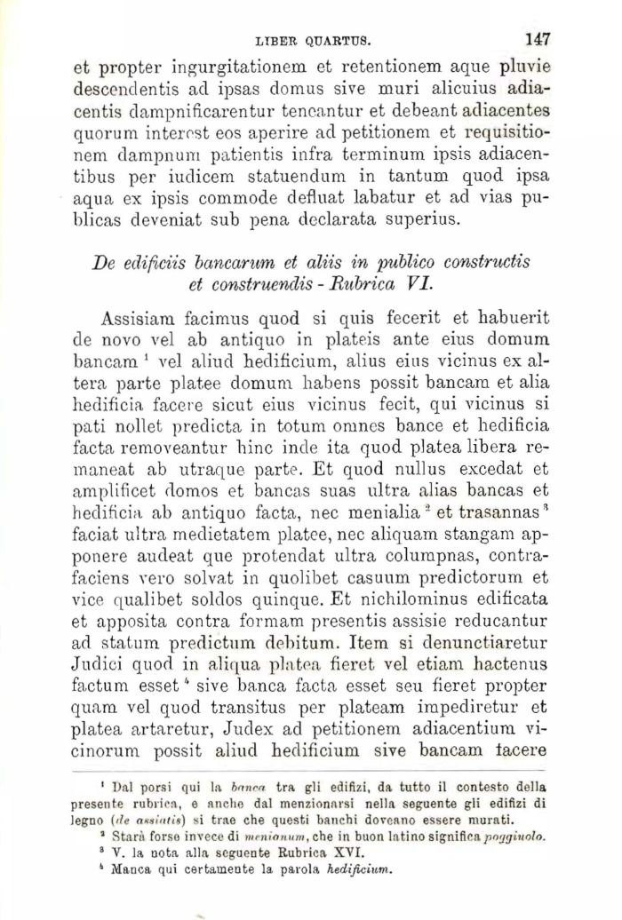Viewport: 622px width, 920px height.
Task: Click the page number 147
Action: pyautogui.click(x=538, y=39)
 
